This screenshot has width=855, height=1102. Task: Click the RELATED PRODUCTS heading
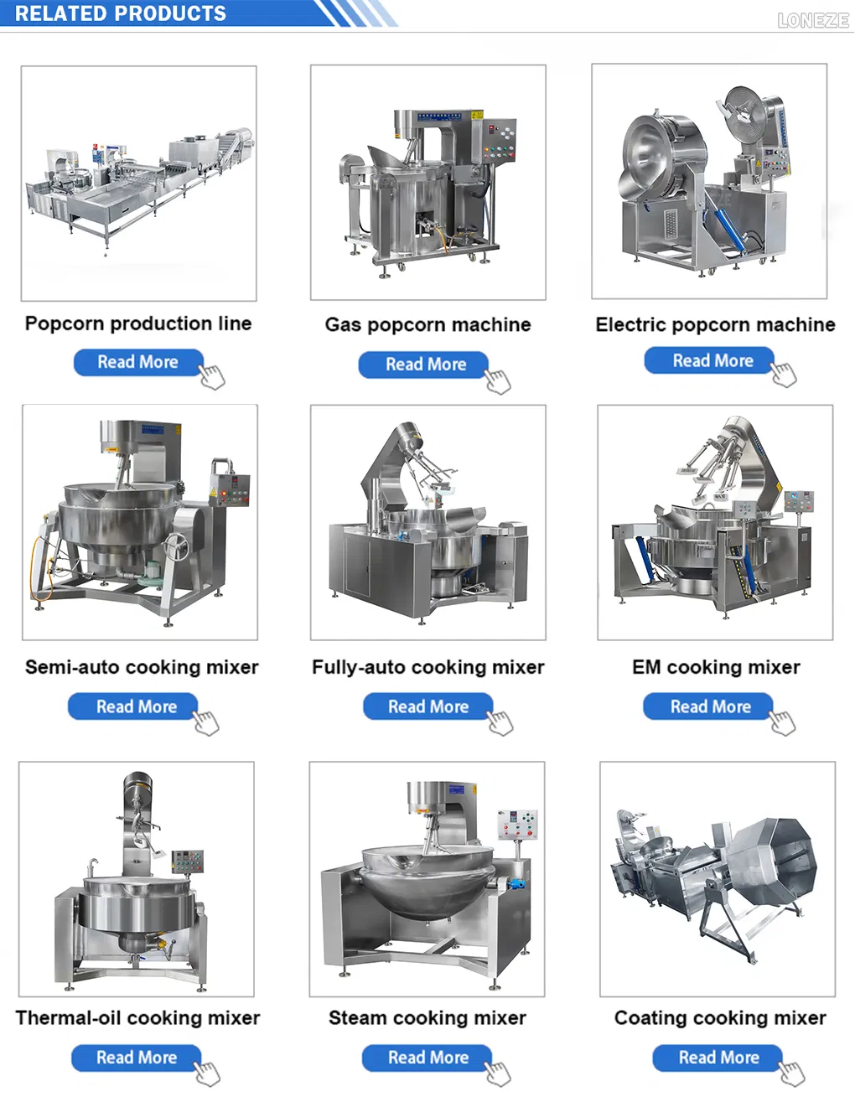pos(121,13)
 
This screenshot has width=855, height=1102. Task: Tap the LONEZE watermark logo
pos(812,20)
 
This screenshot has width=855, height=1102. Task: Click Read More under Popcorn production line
pos(138,362)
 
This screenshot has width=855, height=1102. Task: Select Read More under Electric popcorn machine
pos(712,360)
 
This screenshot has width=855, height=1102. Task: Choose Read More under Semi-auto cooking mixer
pos(136,706)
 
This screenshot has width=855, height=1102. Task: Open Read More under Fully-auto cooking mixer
pos(427,706)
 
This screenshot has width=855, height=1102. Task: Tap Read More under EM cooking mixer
pos(710,706)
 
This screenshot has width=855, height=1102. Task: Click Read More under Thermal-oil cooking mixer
pos(136,1058)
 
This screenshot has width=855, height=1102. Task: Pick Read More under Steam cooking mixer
pos(427,1058)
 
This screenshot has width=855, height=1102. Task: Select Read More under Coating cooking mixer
pos(718,1058)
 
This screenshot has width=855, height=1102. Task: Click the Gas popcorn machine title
pos(427,324)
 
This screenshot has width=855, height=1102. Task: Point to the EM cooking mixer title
pos(716,667)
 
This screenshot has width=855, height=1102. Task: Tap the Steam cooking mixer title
pos(427,1017)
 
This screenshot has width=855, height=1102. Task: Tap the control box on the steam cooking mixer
pos(517,825)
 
